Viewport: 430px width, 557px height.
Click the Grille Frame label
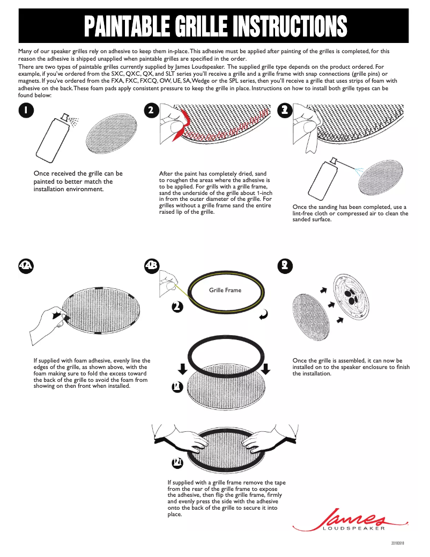225,290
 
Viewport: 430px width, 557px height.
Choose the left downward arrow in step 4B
182,368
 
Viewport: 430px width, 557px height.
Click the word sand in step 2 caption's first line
261,174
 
